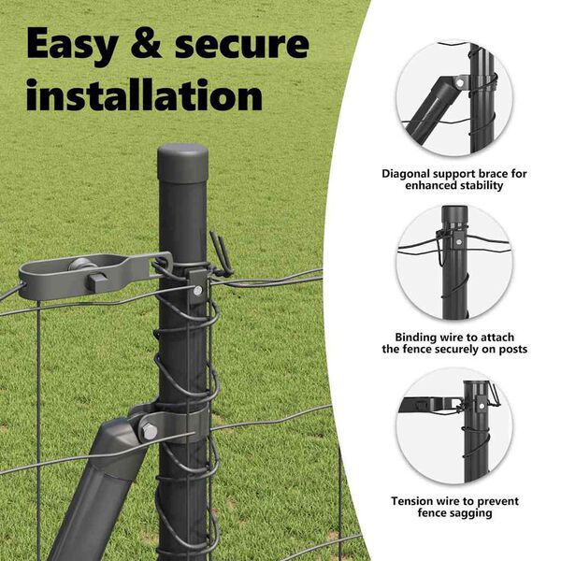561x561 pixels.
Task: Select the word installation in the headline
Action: coord(144,96)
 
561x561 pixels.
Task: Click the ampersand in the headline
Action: coord(151,45)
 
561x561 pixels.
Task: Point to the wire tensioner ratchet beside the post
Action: coord(93,277)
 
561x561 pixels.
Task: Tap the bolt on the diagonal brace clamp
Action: coord(150,430)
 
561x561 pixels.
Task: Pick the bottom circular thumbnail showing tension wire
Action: coord(454,426)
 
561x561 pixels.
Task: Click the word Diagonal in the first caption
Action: coord(409,173)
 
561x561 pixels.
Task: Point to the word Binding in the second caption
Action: coord(410,337)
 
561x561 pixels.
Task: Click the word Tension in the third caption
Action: coord(414,501)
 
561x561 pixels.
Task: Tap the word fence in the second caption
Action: coord(416,350)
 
